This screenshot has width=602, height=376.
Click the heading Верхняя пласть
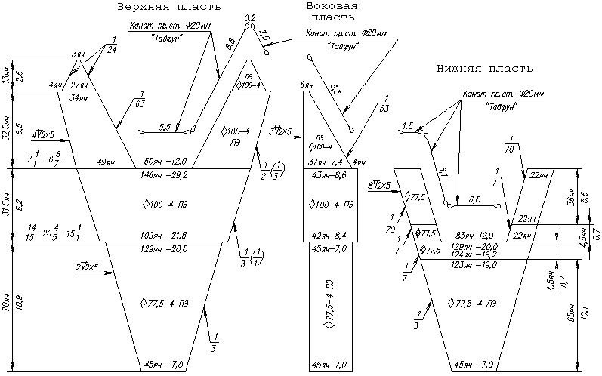168,7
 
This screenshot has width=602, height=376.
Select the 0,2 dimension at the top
251,17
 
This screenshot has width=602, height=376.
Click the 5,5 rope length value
165,125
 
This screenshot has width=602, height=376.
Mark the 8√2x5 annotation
378,185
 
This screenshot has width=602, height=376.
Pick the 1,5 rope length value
409,126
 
